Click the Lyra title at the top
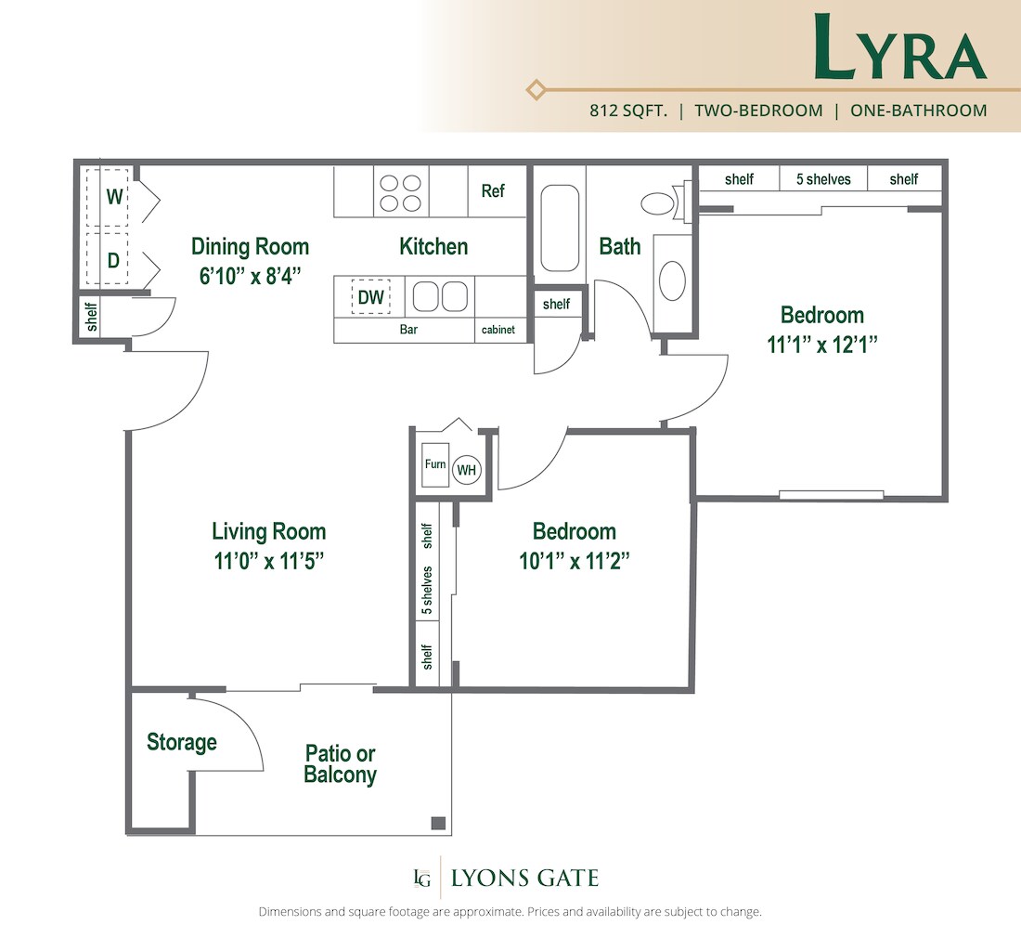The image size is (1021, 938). (x=899, y=48)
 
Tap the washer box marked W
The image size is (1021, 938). (x=114, y=197)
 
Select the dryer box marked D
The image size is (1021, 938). (x=113, y=260)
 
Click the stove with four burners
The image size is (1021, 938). (x=401, y=192)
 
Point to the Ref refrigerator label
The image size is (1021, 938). (x=493, y=190)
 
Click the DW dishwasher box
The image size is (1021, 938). (x=370, y=298)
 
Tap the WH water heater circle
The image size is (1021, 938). (x=466, y=471)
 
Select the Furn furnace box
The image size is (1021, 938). (x=434, y=464)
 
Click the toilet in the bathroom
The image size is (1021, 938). (x=662, y=203)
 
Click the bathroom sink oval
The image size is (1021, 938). (x=672, y=280)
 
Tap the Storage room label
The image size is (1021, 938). (x=182, y=742)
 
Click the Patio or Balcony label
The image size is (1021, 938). (x=340, y=764)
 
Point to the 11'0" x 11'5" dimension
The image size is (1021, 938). (x=268, y=561)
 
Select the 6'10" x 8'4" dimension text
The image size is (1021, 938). (x=250, y=276)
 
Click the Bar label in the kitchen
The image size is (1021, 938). (x=408, y=330)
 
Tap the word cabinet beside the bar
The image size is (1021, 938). (x=498, y=330)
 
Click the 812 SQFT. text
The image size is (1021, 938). (x=627, y=111)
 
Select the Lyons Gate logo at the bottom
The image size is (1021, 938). (x=507, y=878)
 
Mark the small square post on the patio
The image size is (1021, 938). (x=438, y=823)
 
